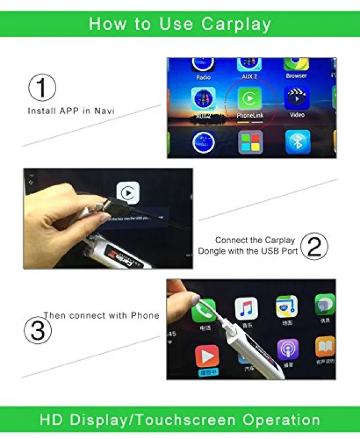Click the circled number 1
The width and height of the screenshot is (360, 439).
click(x=42, y=88)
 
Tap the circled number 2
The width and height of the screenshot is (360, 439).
click(x=314, y=245)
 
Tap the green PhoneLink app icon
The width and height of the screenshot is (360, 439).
click(x=247, y=98)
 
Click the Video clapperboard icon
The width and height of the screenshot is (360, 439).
click(x=297, y=98)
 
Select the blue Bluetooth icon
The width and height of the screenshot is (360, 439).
click(x=298, y=142)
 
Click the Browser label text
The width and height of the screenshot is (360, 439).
click(x=296, y=76)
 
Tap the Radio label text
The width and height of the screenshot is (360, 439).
click(x=204, y=77)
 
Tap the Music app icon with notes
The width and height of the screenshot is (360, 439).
click(x=246, y=308)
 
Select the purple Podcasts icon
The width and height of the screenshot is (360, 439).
click(x=287, y=350)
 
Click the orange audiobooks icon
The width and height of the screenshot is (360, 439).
click(x=325, y=347)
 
